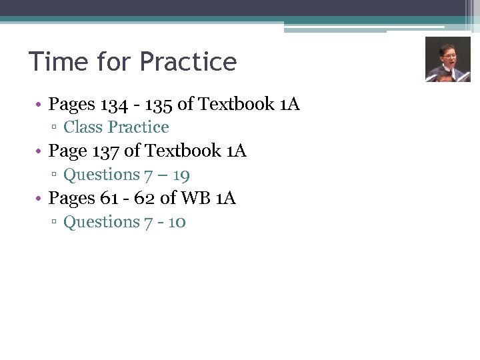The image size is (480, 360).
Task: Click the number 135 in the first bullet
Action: pos(157,104)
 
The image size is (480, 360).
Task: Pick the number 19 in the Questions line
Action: pos(181,175)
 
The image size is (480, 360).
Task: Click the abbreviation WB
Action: pos(193,199)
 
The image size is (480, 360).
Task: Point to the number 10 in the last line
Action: pos(177,222)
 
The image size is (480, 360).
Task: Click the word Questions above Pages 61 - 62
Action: pos(101,175)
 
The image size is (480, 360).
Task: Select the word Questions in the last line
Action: pos(101,222)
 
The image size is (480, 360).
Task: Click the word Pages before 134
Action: pos(72,105)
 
